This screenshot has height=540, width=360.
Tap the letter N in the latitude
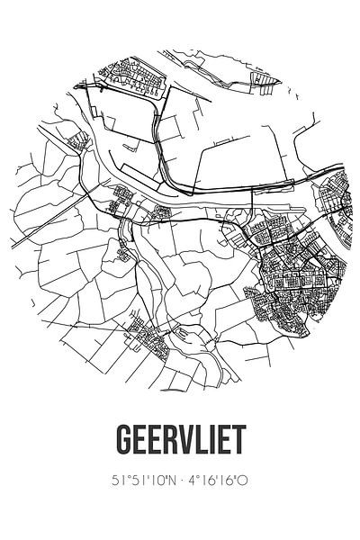tap(171, 483)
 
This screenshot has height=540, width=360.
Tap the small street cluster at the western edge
tap(79, 141)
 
